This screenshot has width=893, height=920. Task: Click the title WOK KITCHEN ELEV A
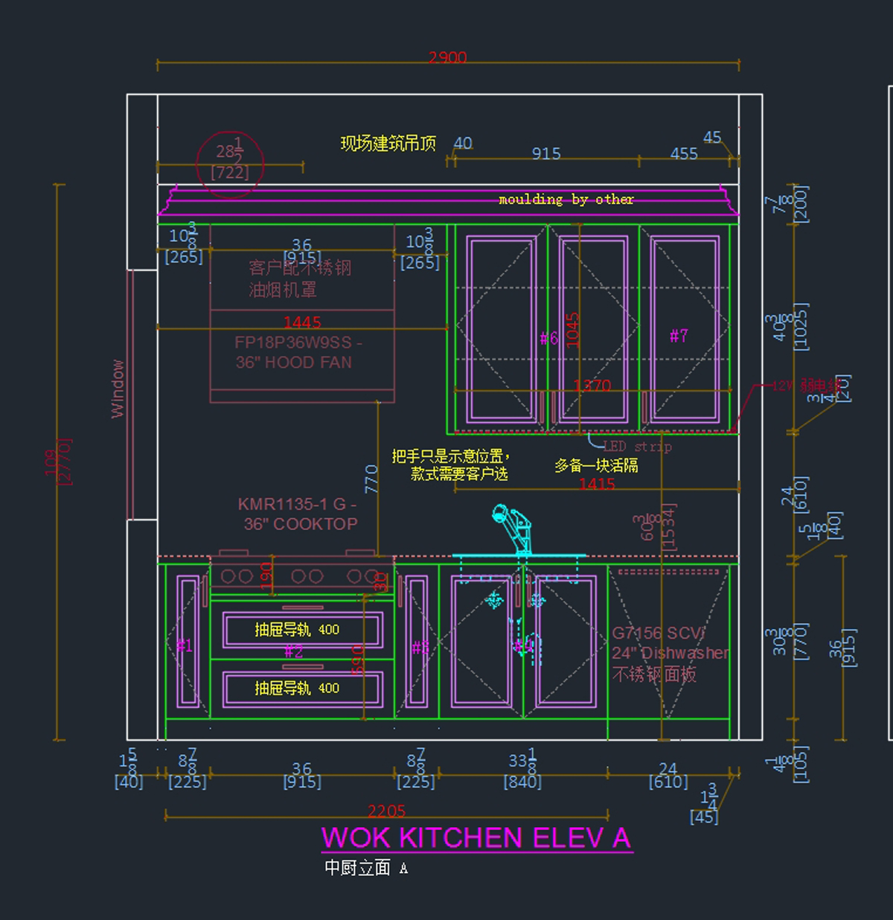[476, 838]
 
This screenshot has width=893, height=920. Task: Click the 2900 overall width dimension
[447, 57]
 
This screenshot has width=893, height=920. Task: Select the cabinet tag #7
[679, 336]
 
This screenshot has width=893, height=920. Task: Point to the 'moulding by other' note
[566, 199]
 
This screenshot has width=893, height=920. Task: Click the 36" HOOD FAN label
[294, 362]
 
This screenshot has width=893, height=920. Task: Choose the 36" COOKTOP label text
[300, 524]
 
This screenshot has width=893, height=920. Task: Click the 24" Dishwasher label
[670, 653]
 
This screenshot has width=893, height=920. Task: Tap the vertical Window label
[118, 389]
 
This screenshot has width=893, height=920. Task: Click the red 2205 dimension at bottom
[386, 811]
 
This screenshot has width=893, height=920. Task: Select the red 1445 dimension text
[301, 322]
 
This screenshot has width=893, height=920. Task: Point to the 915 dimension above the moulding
[546, 154]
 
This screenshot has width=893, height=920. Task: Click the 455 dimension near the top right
[684, 154]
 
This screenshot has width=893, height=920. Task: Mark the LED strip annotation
[637, 447]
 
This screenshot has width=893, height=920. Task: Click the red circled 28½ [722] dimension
[230, 163]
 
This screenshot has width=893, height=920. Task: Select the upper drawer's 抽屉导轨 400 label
[297, 630]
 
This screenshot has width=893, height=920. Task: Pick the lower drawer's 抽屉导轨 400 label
[297, 688]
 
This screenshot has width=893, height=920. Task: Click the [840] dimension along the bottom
[522, 782]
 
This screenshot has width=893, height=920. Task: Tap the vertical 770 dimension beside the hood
[371, 479]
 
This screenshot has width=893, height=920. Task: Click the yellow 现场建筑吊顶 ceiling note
[388, 144]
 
